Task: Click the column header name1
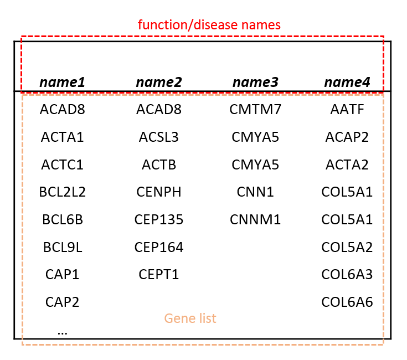pos(62,83)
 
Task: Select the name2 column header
pos(159,83)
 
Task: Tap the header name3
pos(255,83)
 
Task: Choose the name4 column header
pos(347,83)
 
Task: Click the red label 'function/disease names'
pos(209,25)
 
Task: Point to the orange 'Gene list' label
pos(190,318)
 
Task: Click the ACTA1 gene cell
pos(62,137)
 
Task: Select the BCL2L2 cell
pos(62,192)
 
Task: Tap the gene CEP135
pos(159,219)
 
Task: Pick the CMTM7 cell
pos(255,110)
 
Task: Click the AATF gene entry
pos(347,110)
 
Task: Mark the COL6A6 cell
pos(347,302)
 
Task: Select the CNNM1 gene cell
pos(255,219)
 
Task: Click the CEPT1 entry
pos(159,275)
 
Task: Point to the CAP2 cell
pos(62,302)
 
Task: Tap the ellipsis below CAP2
pos(62,333)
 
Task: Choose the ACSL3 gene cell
pos(159,137)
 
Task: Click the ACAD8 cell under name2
pos(159,110)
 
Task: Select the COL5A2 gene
pos(347,247)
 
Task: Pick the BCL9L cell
pos(63,247)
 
